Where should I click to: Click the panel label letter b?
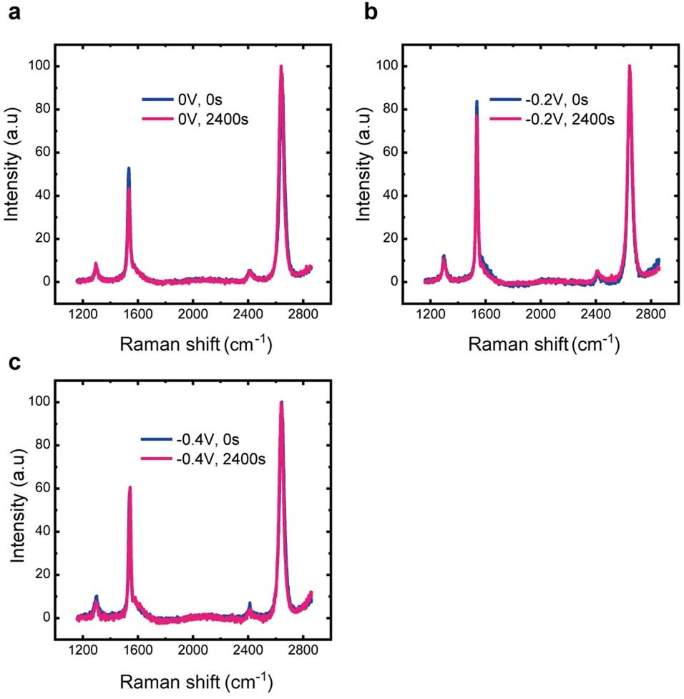click(371, 14)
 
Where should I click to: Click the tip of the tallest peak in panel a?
click(281, 67)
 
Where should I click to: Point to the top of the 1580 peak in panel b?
click(477, 102)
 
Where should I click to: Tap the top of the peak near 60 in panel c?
click(130, 487)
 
